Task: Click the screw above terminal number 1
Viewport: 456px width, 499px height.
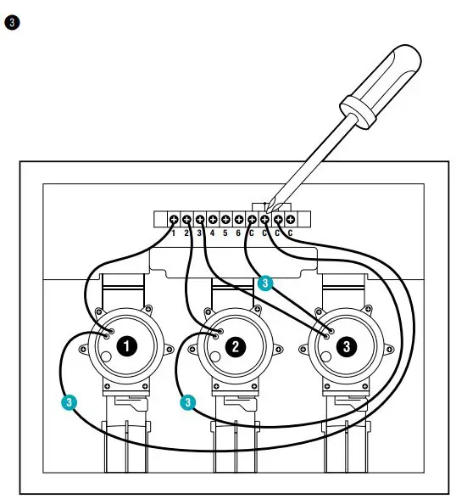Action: (x=174, y=219)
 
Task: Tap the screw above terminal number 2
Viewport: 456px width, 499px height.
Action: (x=186, y=219)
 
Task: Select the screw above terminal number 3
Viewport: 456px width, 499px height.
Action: (x=199, y=219)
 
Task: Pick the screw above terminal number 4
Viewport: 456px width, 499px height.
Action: (x=212, y=219)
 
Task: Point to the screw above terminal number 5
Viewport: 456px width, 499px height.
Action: (x=225, y=219)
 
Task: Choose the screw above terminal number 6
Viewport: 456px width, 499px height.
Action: (x=238, y=219)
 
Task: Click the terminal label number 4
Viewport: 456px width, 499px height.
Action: (x=212, y=232)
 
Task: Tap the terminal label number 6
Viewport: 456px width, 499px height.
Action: (x=238, y=232)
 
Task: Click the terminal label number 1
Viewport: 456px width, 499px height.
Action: (x=174, y=232)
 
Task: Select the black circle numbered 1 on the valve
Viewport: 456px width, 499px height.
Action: (x=127, y=345)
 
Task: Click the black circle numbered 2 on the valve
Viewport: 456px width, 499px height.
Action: (x=236, y=345)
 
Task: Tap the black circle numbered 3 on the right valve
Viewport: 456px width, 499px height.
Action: (x=345, y=345)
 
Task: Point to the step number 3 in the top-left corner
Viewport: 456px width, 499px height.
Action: (x=11, y=22)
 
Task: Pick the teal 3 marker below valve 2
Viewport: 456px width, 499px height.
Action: (x=188, y=401)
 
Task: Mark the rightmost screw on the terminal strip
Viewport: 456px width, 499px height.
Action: (x=290, y=219)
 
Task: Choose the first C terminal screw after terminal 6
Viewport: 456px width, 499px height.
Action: (x=252, y=219)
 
